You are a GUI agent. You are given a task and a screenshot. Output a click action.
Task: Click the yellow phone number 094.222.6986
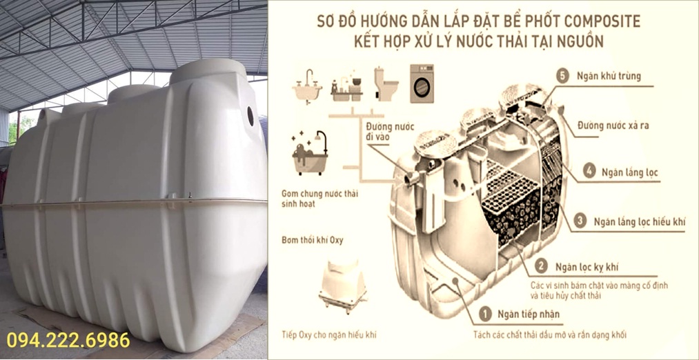[x=68, y=340]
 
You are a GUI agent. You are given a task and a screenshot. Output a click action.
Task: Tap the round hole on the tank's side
[x=250, y=116]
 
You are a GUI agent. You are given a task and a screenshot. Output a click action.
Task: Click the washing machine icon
[x=422, y=83]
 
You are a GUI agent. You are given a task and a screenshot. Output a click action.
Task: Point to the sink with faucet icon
[x=307, y=87]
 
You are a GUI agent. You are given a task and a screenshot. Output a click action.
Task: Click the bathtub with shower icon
[x=310, y=153]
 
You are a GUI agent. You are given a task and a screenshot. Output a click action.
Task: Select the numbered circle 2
[x=541, y=267]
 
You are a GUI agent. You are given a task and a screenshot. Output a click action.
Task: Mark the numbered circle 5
[x=563, y=76]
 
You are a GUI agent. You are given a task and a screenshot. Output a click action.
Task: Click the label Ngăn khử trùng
[x=608, y=76]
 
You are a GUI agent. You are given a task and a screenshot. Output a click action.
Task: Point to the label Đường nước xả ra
[x=613, y=126]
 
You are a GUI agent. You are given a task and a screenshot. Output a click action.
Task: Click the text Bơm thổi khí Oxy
[x=312, y=241]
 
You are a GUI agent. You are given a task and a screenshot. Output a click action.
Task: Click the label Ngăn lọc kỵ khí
[x=587, y=268]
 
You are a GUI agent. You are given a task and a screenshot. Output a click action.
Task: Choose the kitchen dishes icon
[x=347, y=86]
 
